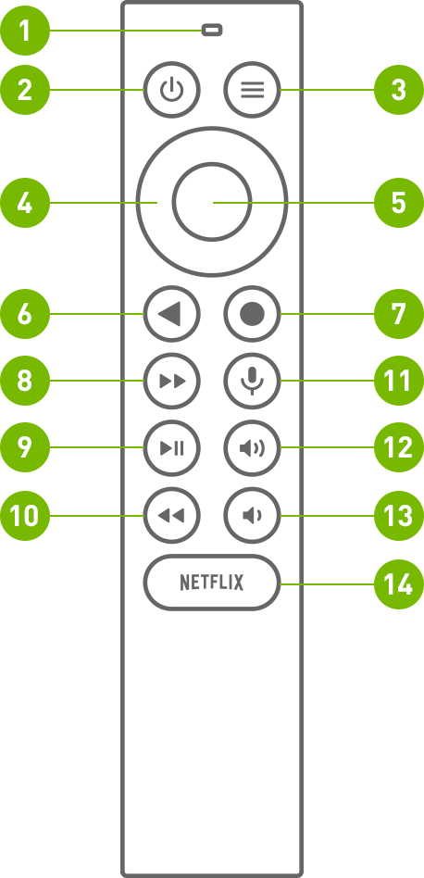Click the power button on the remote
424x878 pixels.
(x=171, y=91)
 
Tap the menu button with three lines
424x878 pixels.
(x=252, y=91)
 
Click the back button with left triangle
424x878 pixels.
(x=171, y=314)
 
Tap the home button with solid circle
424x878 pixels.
(x=252, y=314)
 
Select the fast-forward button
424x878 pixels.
(x=171, y=381)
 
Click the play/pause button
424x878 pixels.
(x=171, y=448)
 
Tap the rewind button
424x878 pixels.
(x=171, y=515)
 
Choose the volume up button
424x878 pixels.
(x=252, y=448)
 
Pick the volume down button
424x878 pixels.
(x=252, y=515)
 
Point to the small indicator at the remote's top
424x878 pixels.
(x=212, y=31)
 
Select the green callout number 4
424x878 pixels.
(x=25, y=203)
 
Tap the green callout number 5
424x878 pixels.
(x=398, y=203)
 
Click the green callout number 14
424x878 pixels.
(x=398, y=583)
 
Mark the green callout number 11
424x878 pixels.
(x=398, y=381)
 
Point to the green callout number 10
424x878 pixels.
(x=25, y=515)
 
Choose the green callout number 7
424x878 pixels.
(x=398, y=314)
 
